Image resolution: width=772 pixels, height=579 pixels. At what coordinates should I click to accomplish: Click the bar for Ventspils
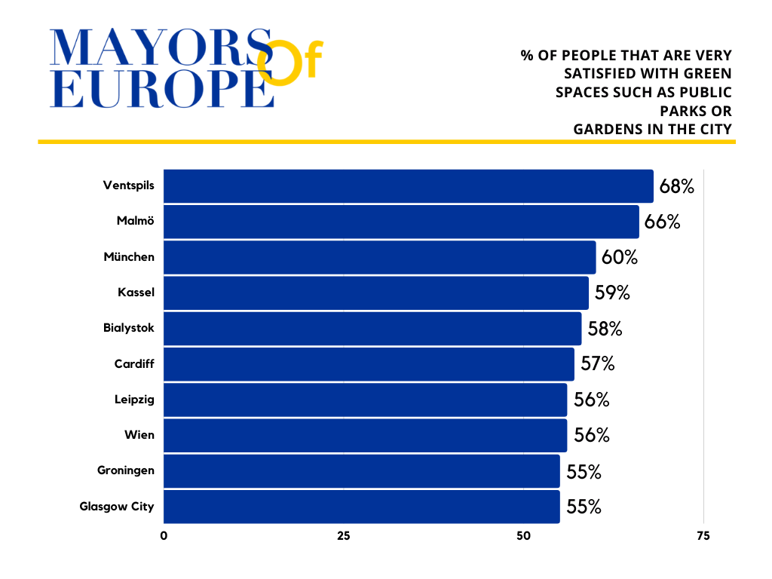(x=408, y=186)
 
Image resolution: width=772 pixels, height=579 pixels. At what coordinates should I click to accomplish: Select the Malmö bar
(x=401, y=222)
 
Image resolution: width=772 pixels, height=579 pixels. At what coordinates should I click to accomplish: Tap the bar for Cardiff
(x=369, y=364)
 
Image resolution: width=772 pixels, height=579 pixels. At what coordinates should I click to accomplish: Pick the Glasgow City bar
(x=361, y=507)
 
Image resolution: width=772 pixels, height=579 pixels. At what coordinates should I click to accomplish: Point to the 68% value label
(x=676, y=186)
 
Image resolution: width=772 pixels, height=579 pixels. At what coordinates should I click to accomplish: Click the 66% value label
(x=663, y=222)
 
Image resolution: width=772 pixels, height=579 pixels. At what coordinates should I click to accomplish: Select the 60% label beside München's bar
(x=620, y=257)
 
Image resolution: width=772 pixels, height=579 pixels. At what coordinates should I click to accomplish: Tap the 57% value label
(x=598, y=364)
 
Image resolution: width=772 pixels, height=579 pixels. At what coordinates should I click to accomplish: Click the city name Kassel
(x=136, y=293)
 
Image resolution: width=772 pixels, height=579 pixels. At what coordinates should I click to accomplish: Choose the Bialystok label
(x=129, y=328)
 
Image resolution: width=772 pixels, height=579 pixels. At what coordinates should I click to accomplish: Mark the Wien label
(x=139, y=435)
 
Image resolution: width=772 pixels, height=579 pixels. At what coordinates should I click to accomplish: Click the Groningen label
(x=126, y=470)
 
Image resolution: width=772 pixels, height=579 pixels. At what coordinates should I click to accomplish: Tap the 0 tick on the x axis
(x=164, y=536)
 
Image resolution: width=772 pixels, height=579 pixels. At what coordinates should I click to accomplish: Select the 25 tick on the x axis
(x=343, y=536)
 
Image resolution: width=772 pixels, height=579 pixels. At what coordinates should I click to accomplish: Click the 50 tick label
(x=523, y=536)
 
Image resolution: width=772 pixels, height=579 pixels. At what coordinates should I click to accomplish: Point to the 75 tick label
(x=703, y=536)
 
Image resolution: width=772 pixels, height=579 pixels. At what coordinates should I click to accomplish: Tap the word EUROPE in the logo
(x=161, y=89)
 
